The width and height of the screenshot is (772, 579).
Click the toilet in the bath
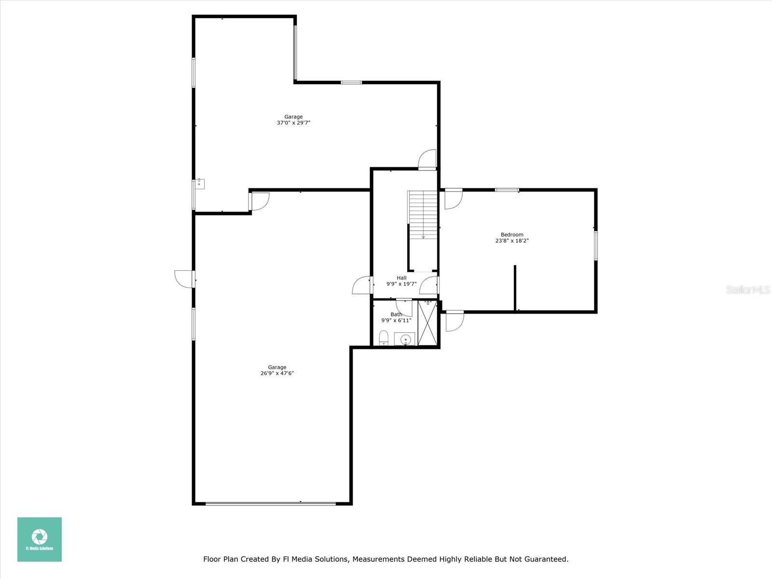pyautogui.click(x=384, y=337)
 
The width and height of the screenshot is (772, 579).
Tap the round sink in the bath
pyautogui.click(x=405, y=340)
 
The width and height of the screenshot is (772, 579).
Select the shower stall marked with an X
pyautogui.click(x=427, y=323)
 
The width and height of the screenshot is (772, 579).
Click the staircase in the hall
pyautogui.click(x=423, y=214)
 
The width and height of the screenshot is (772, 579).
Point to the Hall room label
pyautogui.click(x=401, y=278)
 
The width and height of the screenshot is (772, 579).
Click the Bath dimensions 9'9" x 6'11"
pyautogui.click(x=397, y=320)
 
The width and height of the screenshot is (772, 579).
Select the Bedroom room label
pyautogui.click(x=512, y=234)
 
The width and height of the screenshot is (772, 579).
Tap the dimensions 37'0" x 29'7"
pyautogui.click(x=293, y=123)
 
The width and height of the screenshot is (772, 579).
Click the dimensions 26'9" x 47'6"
pyautogui.click(x=277, y=373)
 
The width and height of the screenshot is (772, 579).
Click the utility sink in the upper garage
pyautogui.click(x=200, y=183)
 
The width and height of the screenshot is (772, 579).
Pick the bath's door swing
pyautogui.click(x=404, y=308)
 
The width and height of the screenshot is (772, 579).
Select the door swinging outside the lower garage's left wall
pyautogui.click(x=184, y=279)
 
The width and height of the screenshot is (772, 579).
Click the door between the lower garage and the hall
pyautogui.click(x=361, y=285)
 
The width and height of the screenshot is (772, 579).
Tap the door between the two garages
pyautogui.click(x=259, y=201)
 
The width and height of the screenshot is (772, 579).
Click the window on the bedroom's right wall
pyautogui.click(x=596, y=246)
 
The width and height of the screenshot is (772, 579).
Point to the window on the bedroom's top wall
pyautogui.click(x=507, y=190)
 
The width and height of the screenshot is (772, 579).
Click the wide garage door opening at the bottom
pyautogui.click(x=271, y=504)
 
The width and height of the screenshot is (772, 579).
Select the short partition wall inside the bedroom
pyautogui.click(x=515, y=288)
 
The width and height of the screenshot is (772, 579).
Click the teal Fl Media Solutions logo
pyautogui.click(x=40, y=539)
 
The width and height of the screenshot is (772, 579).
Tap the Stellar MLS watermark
pyautogui.click(x=748, y=289)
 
